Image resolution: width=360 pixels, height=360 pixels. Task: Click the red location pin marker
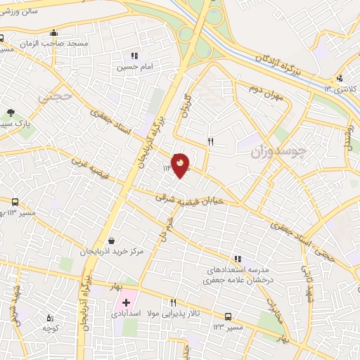click(x=181, y=165)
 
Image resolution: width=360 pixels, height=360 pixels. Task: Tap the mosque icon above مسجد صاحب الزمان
click(x=54, y=32)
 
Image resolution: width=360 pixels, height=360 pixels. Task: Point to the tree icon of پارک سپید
click(x=11, y=112)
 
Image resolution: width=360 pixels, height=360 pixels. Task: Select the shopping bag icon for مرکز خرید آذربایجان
click(x=111, y=240)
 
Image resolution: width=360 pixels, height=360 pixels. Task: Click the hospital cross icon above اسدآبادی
click(x=127, y=302)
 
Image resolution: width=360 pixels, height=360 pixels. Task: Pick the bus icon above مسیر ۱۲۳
click(x=228, y=316)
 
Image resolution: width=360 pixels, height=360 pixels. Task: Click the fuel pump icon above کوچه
click(x=49, y=318)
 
